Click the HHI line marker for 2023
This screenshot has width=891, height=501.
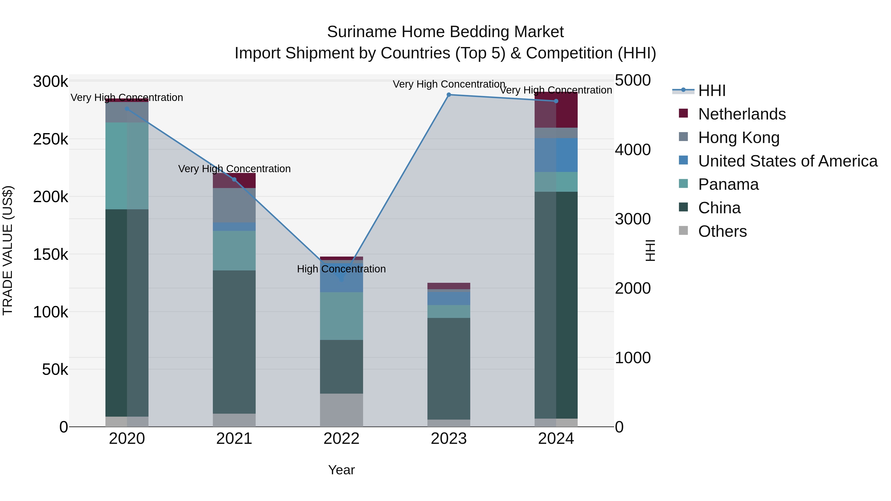point(449,95)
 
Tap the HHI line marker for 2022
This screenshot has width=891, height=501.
point(341,279)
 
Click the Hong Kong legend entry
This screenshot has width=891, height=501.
point(739,138)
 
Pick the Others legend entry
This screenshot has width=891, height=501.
point(722,231)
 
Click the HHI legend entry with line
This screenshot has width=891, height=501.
point(712,91)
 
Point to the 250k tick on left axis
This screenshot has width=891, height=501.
point(50,139)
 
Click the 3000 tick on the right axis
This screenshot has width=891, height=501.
point(633,219)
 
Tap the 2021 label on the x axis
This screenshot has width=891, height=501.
point(234,439)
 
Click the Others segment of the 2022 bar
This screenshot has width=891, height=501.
point(341,410)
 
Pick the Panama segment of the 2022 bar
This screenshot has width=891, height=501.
point(341,316)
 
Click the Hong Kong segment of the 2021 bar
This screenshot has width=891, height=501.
point(234,205)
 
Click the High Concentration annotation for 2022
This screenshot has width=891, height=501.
point(341,269)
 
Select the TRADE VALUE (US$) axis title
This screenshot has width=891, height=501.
point(8,250)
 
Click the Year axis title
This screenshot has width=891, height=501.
point(341,470)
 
